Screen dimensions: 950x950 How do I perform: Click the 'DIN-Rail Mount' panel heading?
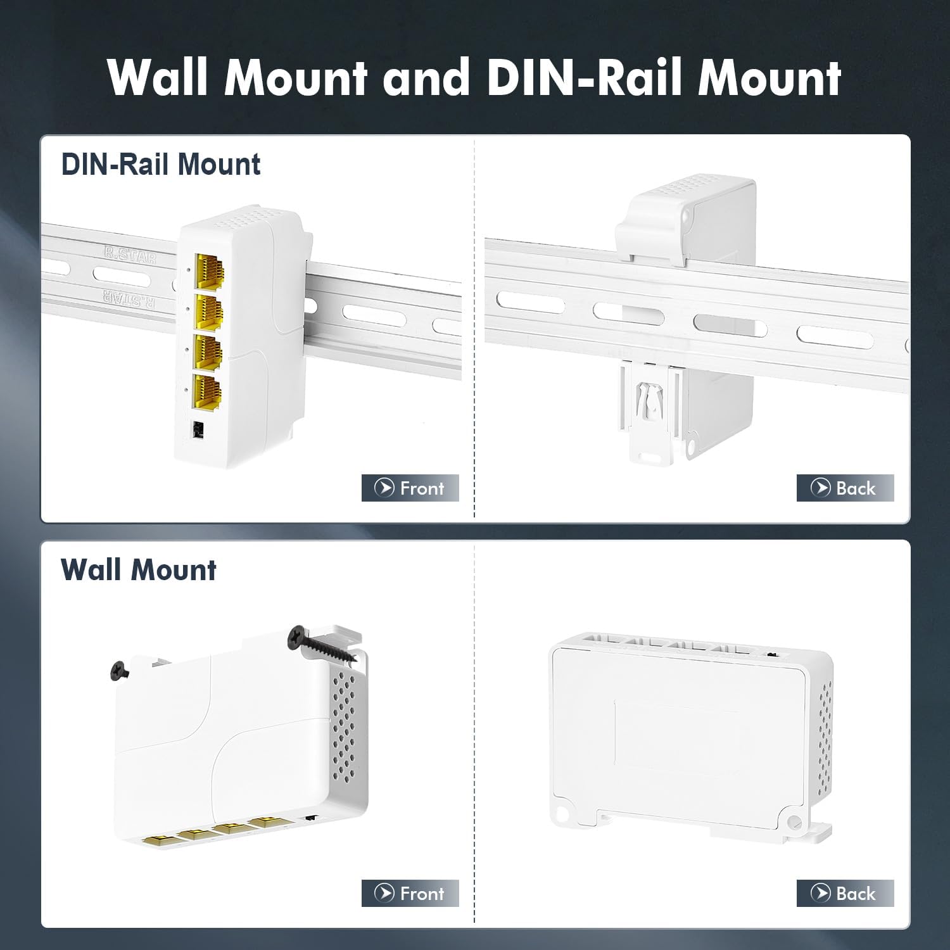[160, 165]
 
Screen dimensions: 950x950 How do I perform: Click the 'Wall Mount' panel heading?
[138, 570]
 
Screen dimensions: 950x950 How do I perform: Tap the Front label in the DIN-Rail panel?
[410, 488]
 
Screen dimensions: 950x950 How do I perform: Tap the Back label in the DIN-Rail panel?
[845, 488]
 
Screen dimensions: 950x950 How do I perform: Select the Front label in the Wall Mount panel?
[410, 894]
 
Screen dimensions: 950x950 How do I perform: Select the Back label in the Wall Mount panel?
[845, 894]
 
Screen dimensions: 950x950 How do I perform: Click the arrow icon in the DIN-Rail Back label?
[820, 488]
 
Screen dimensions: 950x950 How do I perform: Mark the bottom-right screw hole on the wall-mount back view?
[792, 823]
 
